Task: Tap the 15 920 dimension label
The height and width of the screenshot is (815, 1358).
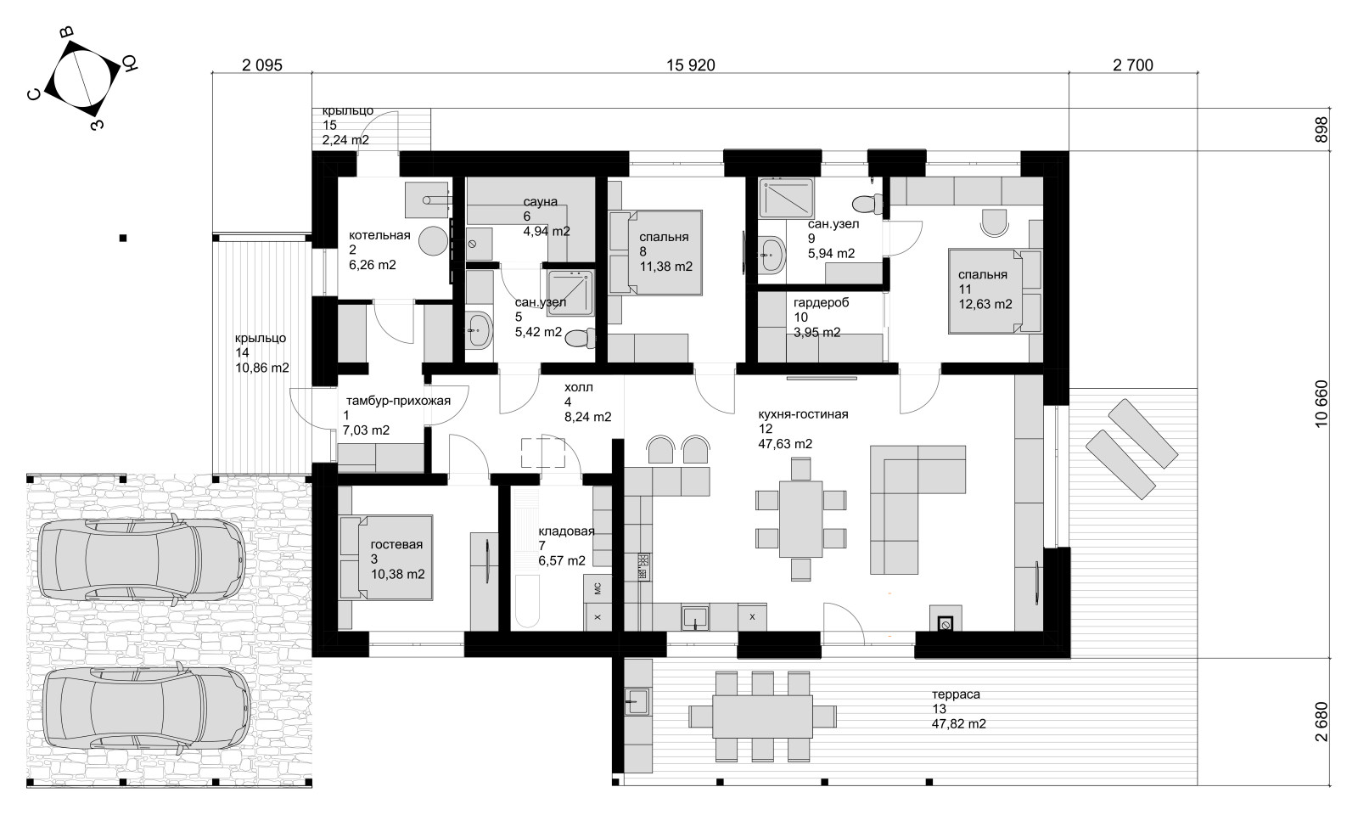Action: point(691,65)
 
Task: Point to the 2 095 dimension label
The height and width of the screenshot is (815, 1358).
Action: point(262,65)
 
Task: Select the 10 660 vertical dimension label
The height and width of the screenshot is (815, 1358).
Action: point(1321,404)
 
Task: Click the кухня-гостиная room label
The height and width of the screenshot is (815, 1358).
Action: point(803,415)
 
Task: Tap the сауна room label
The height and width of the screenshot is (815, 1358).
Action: point(540,202)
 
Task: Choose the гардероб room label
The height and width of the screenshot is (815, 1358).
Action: point(821,302)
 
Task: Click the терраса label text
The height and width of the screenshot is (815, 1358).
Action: point(956,694)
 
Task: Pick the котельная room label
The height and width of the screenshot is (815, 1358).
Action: point(379,235)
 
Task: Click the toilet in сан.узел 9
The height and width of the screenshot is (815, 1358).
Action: point(868,204)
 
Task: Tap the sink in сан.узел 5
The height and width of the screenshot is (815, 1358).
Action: point(479,330)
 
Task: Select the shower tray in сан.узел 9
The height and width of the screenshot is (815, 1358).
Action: point(786,197)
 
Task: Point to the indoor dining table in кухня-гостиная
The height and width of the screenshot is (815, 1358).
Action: point(801,519)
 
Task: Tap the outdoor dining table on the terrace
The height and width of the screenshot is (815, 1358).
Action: point(762,717)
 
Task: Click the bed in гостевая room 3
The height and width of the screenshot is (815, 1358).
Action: point(386,558)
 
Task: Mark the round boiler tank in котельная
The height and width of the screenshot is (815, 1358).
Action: point(433,241)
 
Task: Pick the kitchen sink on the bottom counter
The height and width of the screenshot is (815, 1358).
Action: point(695,618)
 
